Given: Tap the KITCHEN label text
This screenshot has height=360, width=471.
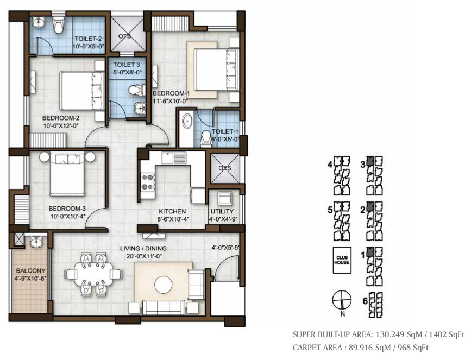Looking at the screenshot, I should pyautogui.click(x=172, y=211).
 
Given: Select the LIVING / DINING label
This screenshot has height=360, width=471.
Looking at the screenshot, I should pyautogui.click(x=143, y=249).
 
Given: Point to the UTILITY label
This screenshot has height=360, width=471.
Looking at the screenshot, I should pyautogui.click(x=222, y=211).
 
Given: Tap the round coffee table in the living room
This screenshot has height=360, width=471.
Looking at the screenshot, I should pyautogui.click(x=163, y=285).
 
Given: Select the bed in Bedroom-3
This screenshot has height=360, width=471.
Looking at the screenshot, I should pyautogui.click(x=67, y=174).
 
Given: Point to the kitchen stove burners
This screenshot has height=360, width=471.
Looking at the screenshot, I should pyautogui.click(x=147, y=182).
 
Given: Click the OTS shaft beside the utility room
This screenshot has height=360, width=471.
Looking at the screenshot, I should pyautogui.click(x=224, y=169).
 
